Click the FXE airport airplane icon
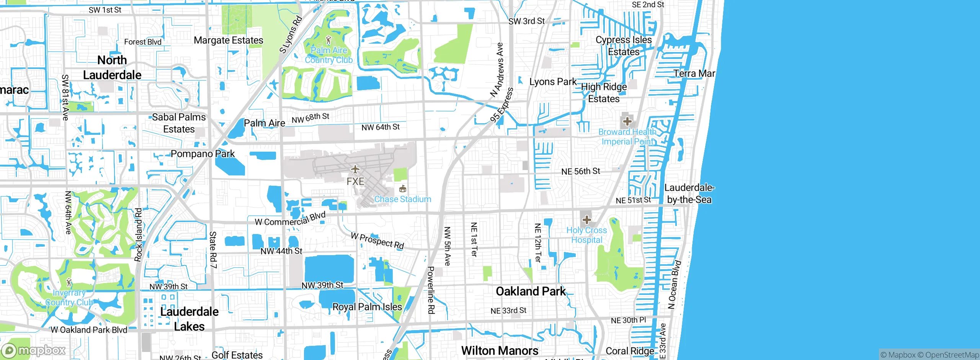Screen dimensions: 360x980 click(x=355, y=169)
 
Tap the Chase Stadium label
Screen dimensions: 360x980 click(x=402, y=199)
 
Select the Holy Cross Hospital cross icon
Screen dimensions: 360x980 click(x=586, y=220)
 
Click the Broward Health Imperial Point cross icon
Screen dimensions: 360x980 click(x=627, y=122)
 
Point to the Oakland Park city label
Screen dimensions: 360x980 click(x=531, y=291)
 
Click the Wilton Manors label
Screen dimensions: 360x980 click(x=500, y=351)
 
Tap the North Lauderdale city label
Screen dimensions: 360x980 click(x=112, y=67)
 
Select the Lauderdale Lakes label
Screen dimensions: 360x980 click(x=189, y=319)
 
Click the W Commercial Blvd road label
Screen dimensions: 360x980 click(x=290, y=219)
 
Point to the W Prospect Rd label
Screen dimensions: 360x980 click(x=377, y=241)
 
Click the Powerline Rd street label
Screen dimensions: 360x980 click(x=431, y=290)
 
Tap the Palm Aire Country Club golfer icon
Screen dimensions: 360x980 click(x=328, y=39)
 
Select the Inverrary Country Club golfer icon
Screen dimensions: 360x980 click(x=69, y=283)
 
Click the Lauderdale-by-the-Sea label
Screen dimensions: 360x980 click(x=689, y=193)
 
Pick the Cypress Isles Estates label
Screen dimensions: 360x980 click(x=624, y=46)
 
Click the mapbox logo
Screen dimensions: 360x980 click(x=34, y=350)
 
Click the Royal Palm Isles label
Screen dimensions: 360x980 click(x=367, y=307)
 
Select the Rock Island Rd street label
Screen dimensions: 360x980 click(x=138, y=235)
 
